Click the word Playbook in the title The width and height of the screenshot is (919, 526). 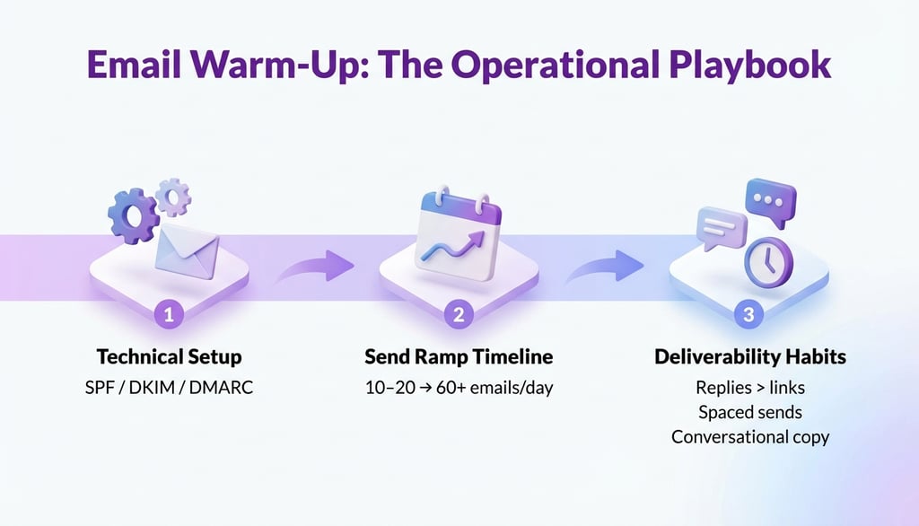pos(749,66)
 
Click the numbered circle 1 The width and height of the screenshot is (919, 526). pos(169,314)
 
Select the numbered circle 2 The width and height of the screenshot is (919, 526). pos(459,314)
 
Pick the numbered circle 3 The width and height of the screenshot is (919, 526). pos(748,314)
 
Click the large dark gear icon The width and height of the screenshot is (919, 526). pos(134,215)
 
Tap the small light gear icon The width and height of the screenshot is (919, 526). pos(173,197)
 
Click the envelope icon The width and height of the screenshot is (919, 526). pos(188,251)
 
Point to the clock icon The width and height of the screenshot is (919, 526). pos(768,262)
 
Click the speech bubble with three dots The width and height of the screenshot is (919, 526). pos(771,202)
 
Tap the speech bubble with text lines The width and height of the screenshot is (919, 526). pos(722,227)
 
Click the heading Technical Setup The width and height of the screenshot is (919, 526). pos(169,356)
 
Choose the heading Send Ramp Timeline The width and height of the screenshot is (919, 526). pos(459,356)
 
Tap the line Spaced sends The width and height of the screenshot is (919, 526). pos(750,412)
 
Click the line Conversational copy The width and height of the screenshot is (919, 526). pos(750,437)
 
